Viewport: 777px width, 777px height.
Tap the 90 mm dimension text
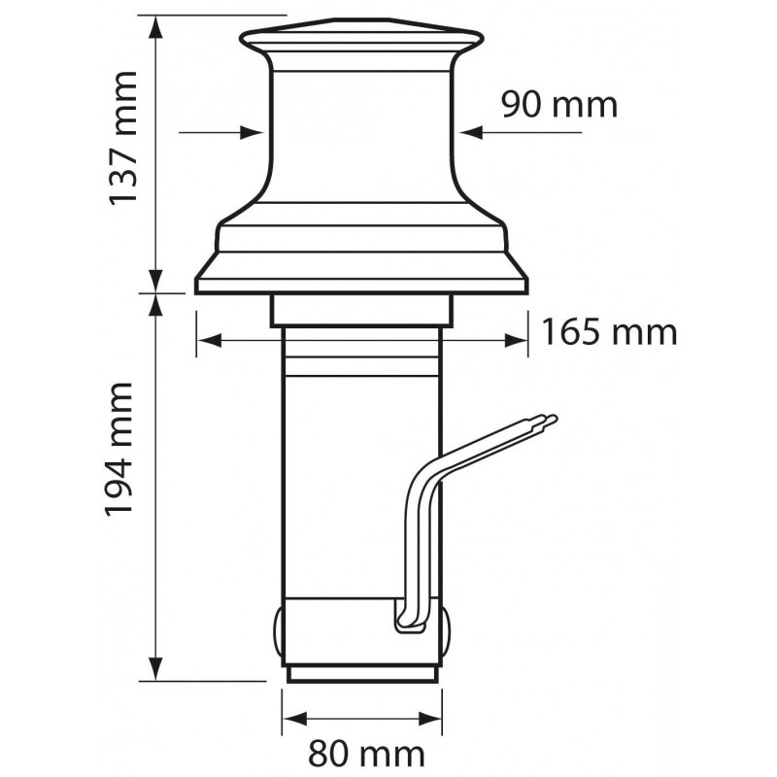(x=558, y=103)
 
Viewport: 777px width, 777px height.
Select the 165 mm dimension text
(x=608, y=333)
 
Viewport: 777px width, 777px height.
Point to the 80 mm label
(x=366, y=753)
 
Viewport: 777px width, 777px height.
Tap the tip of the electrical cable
(x=553, y=421)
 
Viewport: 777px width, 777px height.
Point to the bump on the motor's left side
(x=278, y=631)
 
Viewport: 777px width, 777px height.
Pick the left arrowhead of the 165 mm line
(x=206, y=340)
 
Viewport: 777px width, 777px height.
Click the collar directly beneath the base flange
(x=361, y=310)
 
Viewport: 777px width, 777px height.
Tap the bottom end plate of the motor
(x=361, y=672)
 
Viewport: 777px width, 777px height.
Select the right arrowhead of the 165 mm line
(x=518, y=340)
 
